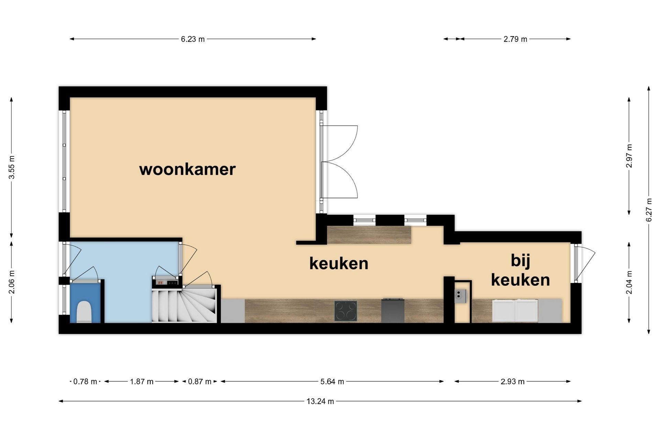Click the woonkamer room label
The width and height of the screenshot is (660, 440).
[x=187, y=169]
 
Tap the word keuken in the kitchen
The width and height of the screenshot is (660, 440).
[x=339, y=264]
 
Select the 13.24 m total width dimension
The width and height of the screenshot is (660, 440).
[x=320, y=401]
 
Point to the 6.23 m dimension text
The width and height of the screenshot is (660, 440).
[x=193, y=39]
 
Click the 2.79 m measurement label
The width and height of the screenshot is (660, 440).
[x=515, y=39]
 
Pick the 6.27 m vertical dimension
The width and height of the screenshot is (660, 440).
[x=649, y=210]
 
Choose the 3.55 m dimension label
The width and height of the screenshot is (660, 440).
[x=12, y=167]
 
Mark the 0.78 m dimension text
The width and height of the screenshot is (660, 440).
[x=85, y=382]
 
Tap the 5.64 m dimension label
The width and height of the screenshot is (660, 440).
[x=332, y=382]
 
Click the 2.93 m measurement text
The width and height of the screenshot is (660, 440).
[x=513, y=382]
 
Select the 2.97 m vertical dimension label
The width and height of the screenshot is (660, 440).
[x=629, y=156]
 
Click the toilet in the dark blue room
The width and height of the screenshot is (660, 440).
[x=84, y=311]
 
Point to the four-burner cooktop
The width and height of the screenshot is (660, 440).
[x=345, y=311]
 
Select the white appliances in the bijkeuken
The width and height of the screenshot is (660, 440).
[x=515, y=310]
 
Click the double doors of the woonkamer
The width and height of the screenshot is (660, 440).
[x=339, y=162]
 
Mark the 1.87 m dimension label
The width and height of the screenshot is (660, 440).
[x=142, y=382]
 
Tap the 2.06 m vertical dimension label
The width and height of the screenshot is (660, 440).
[x=12, y=282]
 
